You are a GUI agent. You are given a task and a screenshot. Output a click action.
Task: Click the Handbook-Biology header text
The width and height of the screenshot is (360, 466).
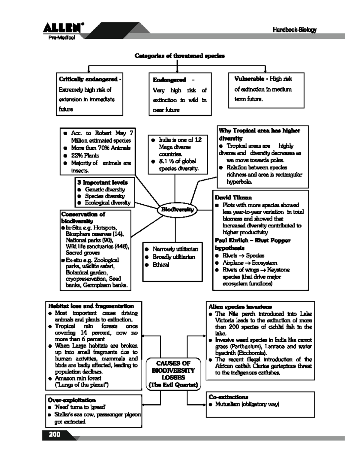click(295, 30)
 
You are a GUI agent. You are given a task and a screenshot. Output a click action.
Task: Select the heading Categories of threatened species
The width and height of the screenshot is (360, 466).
click(179, 56)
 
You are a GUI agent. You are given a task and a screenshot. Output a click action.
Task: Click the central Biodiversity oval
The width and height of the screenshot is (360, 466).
click(177, 210)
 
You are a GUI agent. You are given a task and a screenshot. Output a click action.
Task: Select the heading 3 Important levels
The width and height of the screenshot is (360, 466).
click(102, 182)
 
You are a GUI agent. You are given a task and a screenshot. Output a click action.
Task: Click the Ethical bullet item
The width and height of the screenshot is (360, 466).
click(161, 265)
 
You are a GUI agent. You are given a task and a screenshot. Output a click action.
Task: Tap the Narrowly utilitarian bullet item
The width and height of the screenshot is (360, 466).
click(175, 249)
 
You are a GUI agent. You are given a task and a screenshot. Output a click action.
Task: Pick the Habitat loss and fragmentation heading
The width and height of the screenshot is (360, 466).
click(91, 306)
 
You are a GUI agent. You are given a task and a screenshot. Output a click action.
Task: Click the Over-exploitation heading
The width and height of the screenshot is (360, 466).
click(71, 400)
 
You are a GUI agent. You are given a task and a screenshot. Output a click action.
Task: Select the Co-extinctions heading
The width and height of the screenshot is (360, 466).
click(228, 397)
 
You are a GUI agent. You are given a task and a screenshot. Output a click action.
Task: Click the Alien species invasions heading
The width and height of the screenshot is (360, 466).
click(240, 307)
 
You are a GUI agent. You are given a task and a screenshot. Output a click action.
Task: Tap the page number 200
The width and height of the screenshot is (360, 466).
click(55, 434)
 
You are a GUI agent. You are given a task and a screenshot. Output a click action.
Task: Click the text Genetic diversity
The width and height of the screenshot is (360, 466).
click(105, 189)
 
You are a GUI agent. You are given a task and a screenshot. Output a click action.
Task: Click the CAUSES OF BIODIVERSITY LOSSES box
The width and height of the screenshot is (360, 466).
click(173, 374)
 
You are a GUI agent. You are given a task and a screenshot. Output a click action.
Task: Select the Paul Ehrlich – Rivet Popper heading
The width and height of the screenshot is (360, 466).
click(253, 240)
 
